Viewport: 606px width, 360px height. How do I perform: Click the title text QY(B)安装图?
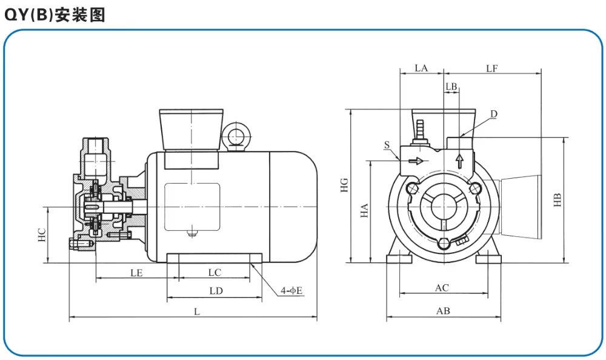pyautogui.click(x=55, y=15)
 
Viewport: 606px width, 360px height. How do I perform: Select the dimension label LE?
pyautogui.click(x=136, y=273)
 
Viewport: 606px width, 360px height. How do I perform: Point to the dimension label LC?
pyautogui.click(x=215, y=273)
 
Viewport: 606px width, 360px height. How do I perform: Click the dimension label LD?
pyautogui.click(x=216, y=291)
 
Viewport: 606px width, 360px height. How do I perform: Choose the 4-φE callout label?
pyautogui.click(x=291, y=291)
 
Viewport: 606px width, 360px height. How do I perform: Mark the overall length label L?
pyautogui.click(x=196, y=312)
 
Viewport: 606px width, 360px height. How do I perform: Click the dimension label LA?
pyautogui.click(x=421, y=68)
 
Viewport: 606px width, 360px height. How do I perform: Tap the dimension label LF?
pyautogui.click(x=491, y=68)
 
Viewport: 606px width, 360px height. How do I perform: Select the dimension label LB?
pyautogui.click(x=451, y=87)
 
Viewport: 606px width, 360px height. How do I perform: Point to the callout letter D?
pyautogui.click(x=493, y=114)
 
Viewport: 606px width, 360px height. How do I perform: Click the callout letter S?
pyautogui.click(x=386, y=145)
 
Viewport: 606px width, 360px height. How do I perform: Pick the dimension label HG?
pyautogui.click(x=344, y=185)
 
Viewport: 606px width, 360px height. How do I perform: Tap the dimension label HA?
pyautogui.click(x=364, y=211)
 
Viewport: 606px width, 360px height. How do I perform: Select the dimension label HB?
pyautogui.click(x=558, y=199)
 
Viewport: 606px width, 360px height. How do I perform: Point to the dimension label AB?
pyautogui.click(x=443, y=311)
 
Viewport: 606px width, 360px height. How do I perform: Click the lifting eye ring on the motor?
pyautogui.click(x=235, y=136)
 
